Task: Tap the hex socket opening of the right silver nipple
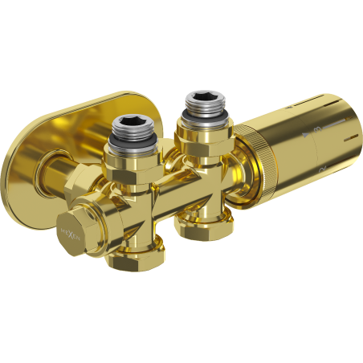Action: pyautogui.click(x=200, y=101)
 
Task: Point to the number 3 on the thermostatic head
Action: pyautogui.click(x=317, y=128)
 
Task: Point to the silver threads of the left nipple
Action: pyautogui.click(x=128, y=143)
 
